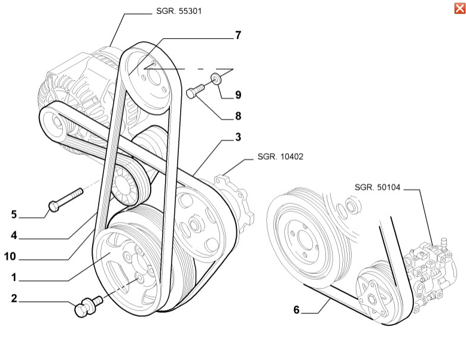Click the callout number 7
237,35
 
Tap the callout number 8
237,115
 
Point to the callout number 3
237,138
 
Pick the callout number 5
13,213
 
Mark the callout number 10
10,258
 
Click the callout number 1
13,277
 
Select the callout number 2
13,297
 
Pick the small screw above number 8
195,91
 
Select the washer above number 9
217,77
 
